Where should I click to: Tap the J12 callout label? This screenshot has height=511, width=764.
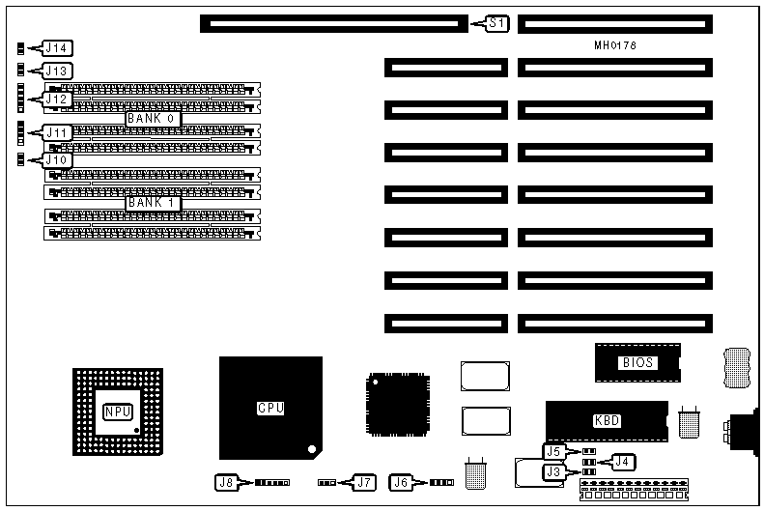pos(58,99)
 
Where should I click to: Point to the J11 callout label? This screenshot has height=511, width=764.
pos(58,132)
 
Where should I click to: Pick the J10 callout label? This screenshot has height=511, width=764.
pos(58,158)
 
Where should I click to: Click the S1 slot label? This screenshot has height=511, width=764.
pos(496,22)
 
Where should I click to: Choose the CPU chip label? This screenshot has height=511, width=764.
pos(270,408)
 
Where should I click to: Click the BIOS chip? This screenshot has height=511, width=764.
pos(637,363)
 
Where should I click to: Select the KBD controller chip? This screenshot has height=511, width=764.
pos(607,420)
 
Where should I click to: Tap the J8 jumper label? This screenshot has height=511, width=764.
pos(226,480)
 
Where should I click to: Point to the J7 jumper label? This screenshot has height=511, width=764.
pos(363,480)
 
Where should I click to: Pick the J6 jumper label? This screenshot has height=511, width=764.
pos(402,480)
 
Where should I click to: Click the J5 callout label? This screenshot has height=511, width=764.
pos(553,451)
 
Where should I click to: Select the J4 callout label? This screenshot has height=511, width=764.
pos(622,462)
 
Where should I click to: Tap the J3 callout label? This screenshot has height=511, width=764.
pos(553,471)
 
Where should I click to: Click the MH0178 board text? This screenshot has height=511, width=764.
pos(615,45)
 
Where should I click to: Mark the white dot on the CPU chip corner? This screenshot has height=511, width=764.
pos(311,448)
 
